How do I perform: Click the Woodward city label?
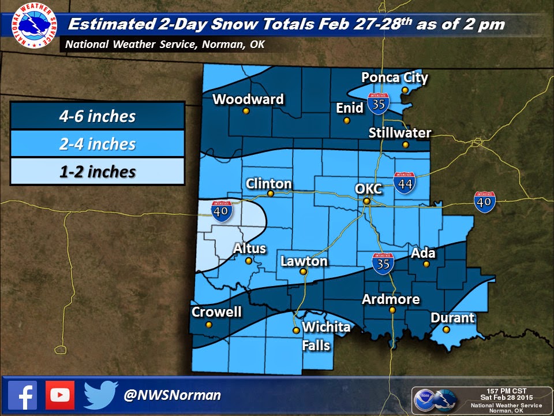248,99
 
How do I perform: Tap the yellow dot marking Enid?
346,120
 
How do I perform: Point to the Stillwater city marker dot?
406,144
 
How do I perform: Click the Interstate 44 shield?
403,183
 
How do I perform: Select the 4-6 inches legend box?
97,117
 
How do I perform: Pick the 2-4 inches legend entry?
97,144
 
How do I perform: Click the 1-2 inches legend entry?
97,172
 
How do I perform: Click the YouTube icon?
59,395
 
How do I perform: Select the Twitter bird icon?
100,395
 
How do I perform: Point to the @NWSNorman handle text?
173,396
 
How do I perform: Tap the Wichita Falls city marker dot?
296,330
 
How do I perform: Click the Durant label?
452,318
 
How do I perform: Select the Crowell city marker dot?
209,325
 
